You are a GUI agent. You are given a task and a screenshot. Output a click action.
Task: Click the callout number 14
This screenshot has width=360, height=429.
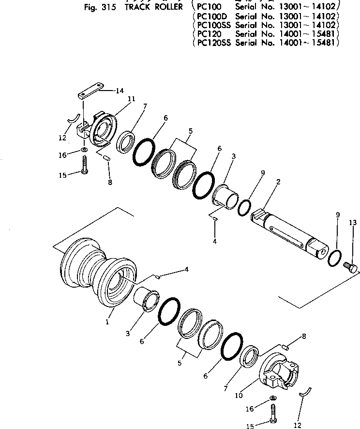119,91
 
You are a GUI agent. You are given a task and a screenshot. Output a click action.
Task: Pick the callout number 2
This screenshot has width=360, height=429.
278,182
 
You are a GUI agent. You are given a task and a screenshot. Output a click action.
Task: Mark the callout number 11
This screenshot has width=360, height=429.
131,99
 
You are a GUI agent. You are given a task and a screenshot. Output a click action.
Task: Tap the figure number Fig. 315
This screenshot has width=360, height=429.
102,7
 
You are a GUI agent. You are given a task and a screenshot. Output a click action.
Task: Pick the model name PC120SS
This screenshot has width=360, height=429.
213,43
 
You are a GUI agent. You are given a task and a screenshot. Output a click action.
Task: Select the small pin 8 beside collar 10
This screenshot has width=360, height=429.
285,346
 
